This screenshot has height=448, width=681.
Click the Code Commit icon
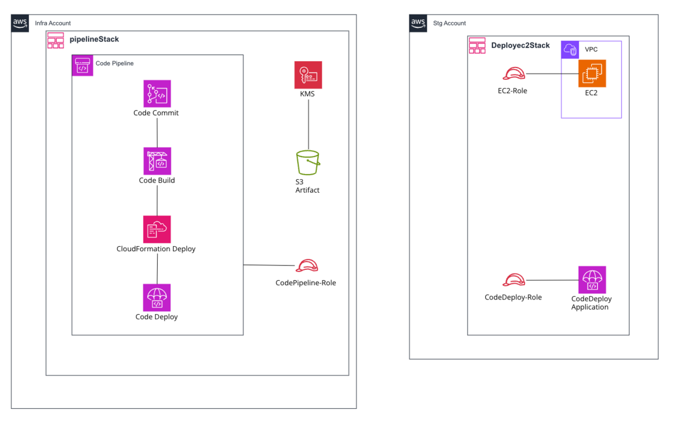coord(157,94)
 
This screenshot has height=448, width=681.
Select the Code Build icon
coord(157,161)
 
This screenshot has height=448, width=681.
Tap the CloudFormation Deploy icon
coord(157,229)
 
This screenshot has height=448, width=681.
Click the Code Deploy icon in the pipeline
coord(157,298)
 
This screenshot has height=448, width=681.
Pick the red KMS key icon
coord(308,75)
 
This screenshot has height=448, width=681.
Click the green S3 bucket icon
coord(308,163)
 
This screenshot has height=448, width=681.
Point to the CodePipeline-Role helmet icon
coord(307,265)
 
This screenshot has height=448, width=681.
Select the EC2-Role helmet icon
coord(514,74)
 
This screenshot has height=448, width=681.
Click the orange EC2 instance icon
coord(592,74)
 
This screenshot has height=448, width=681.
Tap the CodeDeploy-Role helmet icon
coord(514,280)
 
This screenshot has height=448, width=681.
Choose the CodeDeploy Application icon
coord(592,280)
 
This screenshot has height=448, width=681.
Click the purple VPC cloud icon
coord(570,50)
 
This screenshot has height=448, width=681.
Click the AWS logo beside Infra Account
coord(20,23)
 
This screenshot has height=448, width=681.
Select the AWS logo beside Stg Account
coord(418,23)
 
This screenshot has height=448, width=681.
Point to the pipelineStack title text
coord(94,40)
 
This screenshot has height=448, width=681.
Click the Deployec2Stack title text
coord(520,45)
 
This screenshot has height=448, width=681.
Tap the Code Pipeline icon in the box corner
coord(82,65)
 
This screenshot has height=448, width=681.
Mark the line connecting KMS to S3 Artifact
coord(309,125)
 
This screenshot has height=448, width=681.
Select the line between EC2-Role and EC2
coord(552,74)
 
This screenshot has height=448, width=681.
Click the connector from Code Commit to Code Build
coord(157,133)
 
